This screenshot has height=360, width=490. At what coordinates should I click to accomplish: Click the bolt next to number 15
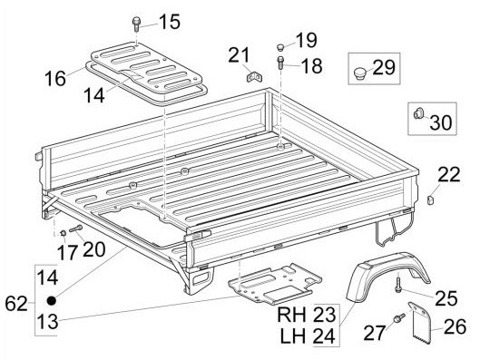click(x=136, y=24)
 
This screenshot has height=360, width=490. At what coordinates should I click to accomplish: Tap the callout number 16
click(x=55, y=78)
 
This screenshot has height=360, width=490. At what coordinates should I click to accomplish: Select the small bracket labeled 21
click(x=255, y=76)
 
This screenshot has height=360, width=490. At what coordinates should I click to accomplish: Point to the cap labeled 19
click(x=280, y=47)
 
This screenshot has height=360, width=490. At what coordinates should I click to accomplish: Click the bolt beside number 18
click(x=280, y=63)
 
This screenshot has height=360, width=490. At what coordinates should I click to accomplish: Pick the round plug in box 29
click(x=359, y=73)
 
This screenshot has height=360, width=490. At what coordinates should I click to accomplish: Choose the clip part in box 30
click(x=418, y=113)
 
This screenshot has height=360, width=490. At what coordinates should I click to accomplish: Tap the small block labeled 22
click(x=431, y=199)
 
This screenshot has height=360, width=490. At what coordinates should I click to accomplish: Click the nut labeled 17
click(x=63, y=233)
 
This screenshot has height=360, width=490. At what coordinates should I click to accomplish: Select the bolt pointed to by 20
click(x=76, y=229)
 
